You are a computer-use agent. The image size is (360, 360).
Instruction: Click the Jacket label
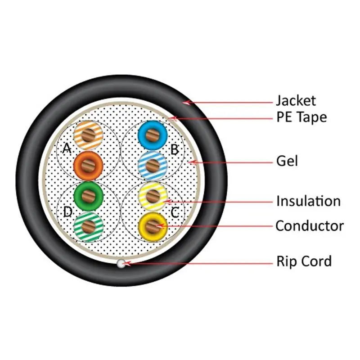coord(296,100)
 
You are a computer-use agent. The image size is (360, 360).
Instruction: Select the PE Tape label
coord(301,117)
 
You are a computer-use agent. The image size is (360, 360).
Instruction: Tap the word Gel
coord(287,161)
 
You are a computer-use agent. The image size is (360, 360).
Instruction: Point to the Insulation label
coord(308,201)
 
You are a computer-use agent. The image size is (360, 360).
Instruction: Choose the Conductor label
coord(309,225)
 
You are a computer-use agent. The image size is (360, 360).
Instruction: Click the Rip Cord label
coord(304,261)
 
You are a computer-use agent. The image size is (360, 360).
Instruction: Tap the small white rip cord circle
coord(121,264)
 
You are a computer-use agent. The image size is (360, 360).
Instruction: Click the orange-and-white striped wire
coord(88,135)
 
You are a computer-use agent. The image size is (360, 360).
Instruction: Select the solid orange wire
coord(88,166)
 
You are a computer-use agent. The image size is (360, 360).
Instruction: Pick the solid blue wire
coord(153,135)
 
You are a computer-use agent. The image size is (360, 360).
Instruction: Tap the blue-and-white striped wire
coord(153,166)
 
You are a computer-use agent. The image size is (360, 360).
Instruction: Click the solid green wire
coord(88,195)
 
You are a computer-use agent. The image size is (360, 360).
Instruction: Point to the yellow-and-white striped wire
coord(153,195)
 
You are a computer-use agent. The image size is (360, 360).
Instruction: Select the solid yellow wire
coord(153,225)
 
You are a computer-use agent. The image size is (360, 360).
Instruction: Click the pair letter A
coord(67,148)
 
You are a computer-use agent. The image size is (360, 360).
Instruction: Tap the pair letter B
coord(175,148)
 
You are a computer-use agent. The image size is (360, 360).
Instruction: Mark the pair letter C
coord(175,211)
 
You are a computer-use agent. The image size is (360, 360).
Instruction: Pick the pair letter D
coord(67,211)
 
